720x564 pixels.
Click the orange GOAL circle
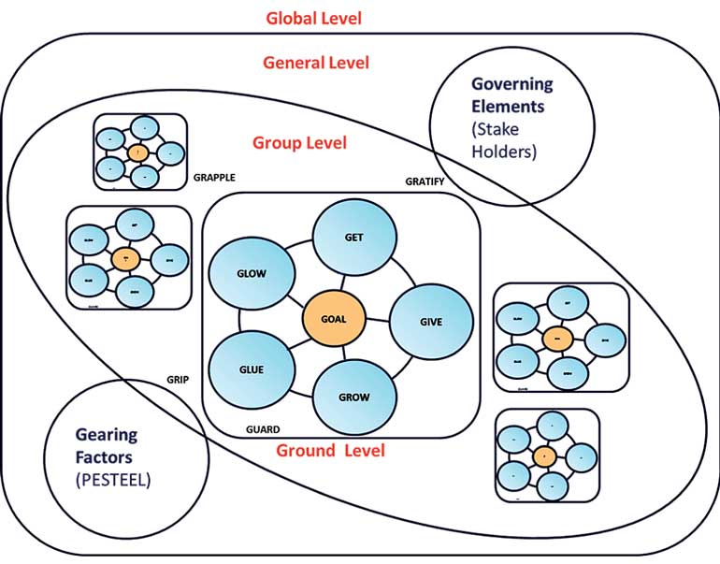click(x=333, y=318)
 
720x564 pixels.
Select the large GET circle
click(x=353, y=237)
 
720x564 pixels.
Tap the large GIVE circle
click(x=430, y=321)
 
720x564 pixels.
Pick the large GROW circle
click(x=353, y=397)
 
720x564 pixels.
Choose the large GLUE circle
click(x=251, y=369)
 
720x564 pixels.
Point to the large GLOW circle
click(x=251, y=273)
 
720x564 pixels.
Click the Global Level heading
click(x=313, y=18)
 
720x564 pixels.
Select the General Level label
click(x=316, y=64)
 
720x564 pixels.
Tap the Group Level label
click(x=299, y=143)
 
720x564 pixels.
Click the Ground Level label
click(x=330, y=451)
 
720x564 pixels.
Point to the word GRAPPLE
click(x=214, y=175)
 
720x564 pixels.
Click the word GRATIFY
click(x=425, y=181)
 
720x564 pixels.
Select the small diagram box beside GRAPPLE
click(x=139, y=152)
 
